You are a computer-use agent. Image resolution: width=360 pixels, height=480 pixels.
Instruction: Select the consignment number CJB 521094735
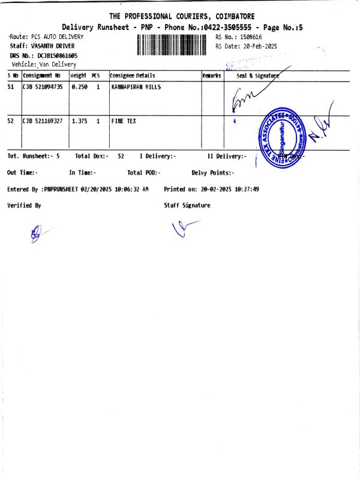(x=43, y=87)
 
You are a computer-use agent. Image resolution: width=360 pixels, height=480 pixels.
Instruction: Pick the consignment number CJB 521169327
(x=43, y=121)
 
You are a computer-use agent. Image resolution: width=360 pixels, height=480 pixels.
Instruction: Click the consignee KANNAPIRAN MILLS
(x=137, y=87)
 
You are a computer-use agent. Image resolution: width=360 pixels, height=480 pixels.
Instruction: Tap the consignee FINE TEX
(x=124, y=121)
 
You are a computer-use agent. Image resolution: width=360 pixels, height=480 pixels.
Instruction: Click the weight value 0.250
(x=79, y=87)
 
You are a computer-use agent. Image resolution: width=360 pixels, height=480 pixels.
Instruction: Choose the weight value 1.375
(x=79, y=121)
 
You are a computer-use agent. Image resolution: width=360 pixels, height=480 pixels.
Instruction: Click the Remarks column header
(x=212, y=76)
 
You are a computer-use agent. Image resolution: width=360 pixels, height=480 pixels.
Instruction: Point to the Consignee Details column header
(x=133, y=76)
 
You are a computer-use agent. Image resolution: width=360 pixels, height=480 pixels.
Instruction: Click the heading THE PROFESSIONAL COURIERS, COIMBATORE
(x=182, y=16)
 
